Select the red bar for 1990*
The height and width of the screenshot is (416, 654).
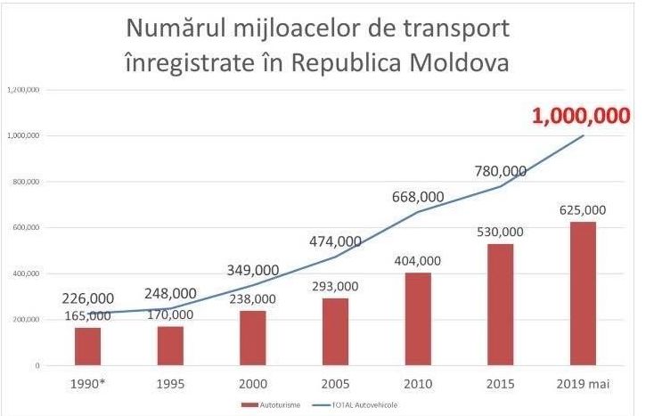point(87,347)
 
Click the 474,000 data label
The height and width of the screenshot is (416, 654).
point(335,241)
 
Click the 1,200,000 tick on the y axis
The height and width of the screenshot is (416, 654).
point(23,90)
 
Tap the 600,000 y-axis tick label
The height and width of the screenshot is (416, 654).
point(26,228)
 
